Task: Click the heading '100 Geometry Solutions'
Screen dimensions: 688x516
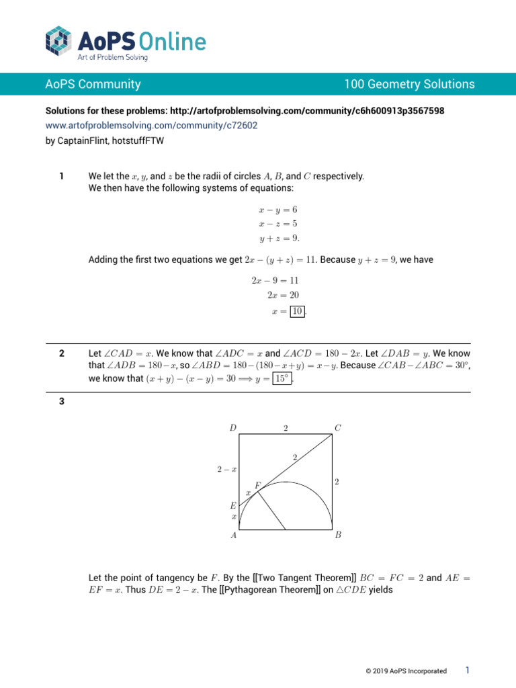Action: tap(409, 84)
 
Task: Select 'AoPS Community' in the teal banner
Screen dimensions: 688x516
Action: tap(93, 84)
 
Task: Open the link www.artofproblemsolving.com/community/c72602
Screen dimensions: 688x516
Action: tap(151, 125)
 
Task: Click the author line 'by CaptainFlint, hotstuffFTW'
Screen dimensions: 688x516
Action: tap(104, 141)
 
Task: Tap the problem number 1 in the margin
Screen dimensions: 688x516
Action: tap(61, 176)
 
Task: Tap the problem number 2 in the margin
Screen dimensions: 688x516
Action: tap(61, 353)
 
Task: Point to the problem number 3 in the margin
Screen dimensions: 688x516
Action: tap(61, 402)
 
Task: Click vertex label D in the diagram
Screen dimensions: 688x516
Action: tap(232, 427)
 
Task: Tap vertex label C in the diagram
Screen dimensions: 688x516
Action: tap(337, 427)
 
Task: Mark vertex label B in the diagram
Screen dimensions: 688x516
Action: tap(338, 536)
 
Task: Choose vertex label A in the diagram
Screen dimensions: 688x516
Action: tap(233, 536)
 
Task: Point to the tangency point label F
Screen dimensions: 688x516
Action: tap(257, 485)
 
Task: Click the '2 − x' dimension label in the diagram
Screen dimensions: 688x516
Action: tap(226, 470)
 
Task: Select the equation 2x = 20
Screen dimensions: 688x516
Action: tap(283, 295)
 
